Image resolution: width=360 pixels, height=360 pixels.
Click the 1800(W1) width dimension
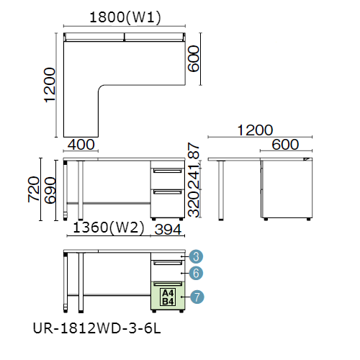125,17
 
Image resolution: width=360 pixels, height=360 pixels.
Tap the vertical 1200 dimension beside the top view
50,85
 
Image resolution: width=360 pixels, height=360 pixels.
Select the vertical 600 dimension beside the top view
194,59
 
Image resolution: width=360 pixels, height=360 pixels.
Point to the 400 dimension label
81,145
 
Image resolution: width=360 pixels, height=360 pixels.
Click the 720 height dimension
34,189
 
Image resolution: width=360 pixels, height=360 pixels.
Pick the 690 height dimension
50,190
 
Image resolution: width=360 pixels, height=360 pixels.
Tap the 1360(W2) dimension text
109,228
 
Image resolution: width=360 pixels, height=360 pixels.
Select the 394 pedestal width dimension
168,230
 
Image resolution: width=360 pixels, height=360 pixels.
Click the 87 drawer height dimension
194,150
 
